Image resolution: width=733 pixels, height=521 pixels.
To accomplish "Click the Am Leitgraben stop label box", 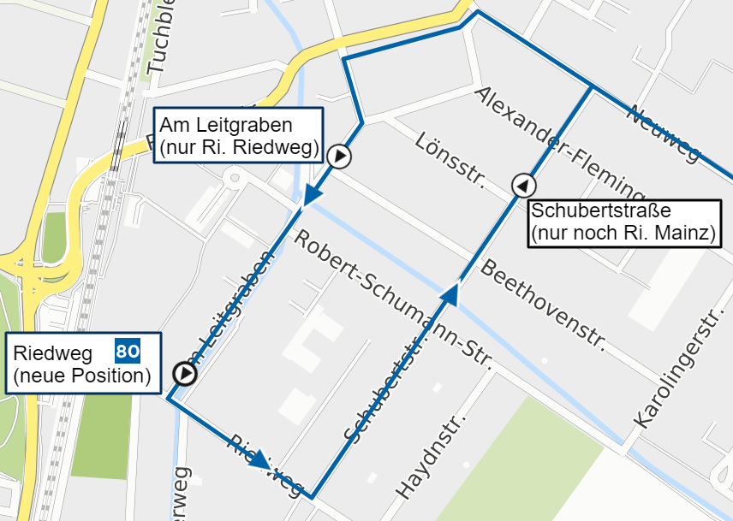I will click(238, 135).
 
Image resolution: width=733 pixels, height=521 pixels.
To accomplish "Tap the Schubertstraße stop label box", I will click(623, 222).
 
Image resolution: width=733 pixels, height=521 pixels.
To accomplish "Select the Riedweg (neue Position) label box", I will click(84, 363).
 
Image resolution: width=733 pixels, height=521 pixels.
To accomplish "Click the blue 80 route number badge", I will click(128, 350).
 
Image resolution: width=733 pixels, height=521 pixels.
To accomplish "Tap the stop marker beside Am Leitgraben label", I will click(340, 157).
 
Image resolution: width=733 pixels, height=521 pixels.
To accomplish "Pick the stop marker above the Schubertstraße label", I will click(523, 185).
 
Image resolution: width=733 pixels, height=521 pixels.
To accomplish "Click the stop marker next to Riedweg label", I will click(184, 374).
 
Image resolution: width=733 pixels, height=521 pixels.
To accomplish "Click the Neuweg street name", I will click(664, 133).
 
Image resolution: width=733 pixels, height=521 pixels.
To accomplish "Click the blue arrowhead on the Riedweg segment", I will click(260, 459).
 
